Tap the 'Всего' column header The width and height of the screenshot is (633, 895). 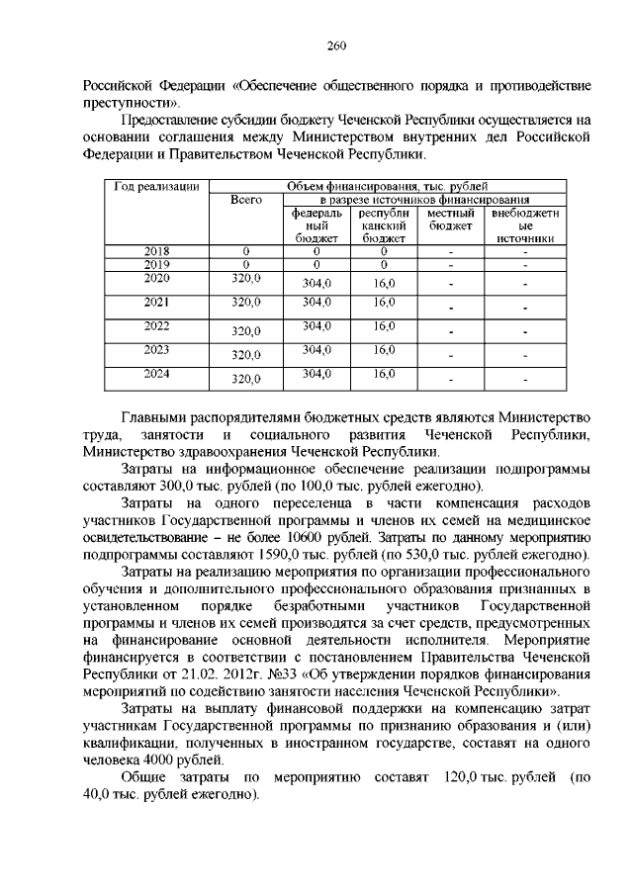click(x=245, y=200)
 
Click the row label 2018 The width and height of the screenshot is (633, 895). click(x=157, y=251)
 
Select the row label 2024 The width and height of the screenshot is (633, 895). click(x=157, y=373)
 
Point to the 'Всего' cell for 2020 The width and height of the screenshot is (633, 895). click(x=245, y=280)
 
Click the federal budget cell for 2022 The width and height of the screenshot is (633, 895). click(x=316, y=325)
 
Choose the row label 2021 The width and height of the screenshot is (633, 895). click(x=157, y=302)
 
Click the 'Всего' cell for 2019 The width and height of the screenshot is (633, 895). click(x=245, y=264)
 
